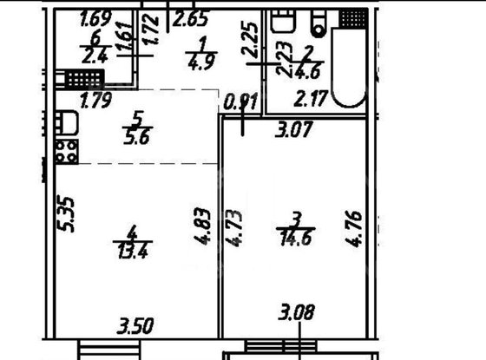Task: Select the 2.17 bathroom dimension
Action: coord(310,95)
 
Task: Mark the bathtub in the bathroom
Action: coord(351,65)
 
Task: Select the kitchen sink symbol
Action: coord(67,122)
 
